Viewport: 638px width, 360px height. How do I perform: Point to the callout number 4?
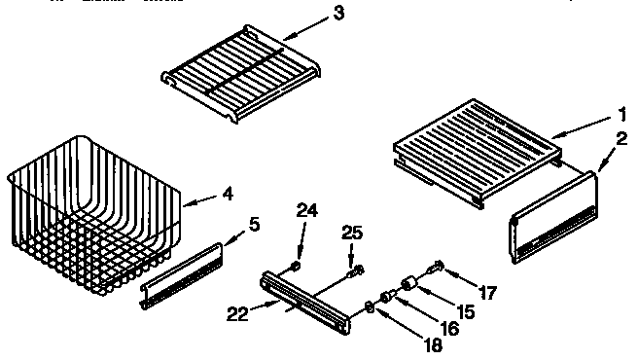pos(227,194)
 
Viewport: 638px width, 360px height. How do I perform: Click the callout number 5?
pos(255,223)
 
